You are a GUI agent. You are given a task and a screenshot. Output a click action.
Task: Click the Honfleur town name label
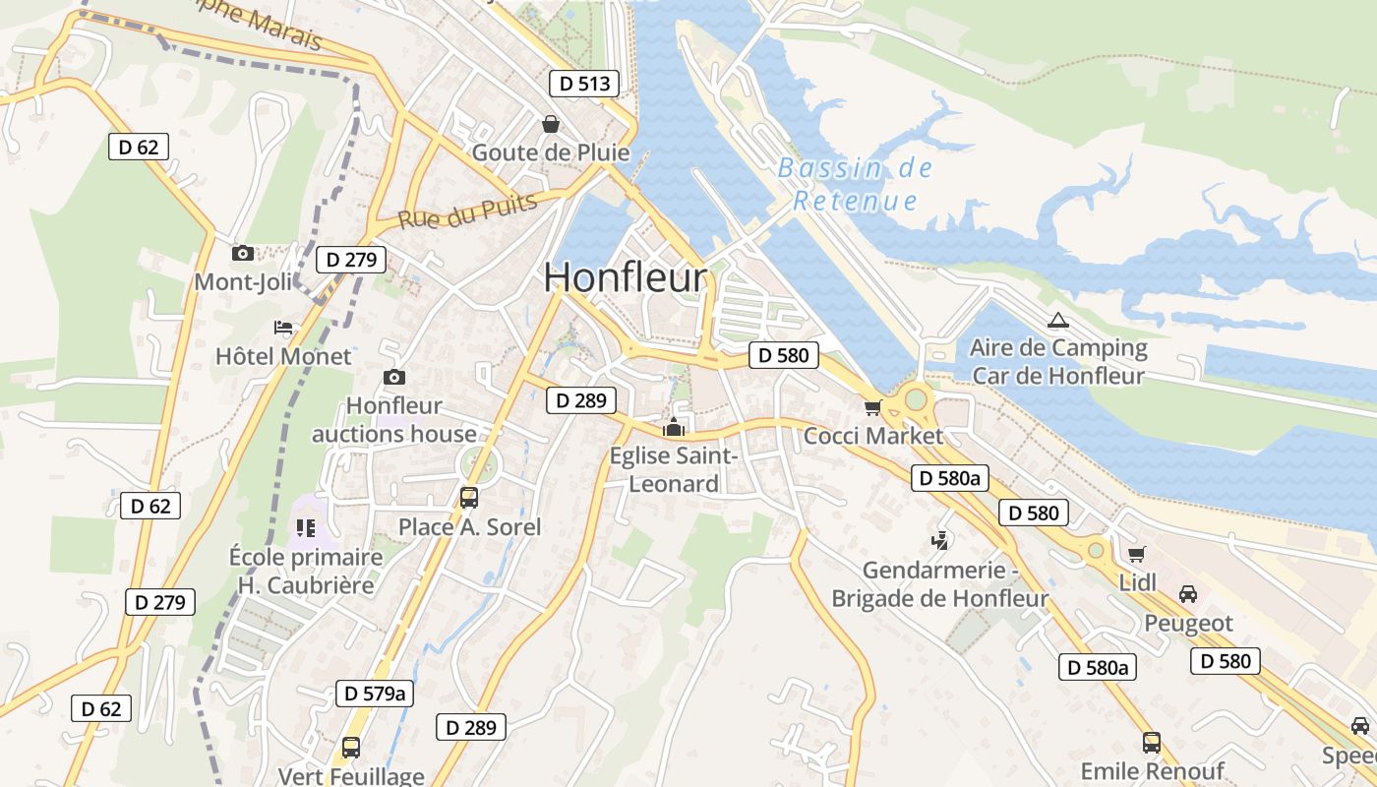pos(625,278)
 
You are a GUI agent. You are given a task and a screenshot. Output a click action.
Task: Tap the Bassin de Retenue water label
pos(855,184)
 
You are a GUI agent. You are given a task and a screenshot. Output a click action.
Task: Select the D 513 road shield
pos(584,84)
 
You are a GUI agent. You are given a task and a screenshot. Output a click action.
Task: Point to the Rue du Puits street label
pos(468,212)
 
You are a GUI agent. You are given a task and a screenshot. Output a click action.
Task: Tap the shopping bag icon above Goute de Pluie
pos(551,124)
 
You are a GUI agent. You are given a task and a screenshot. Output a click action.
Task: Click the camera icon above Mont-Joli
pos(243,253)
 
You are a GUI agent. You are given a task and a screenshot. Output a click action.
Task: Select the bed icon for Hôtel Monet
pos(283,328)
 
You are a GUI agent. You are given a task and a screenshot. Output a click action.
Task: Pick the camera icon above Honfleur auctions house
pos(393,377)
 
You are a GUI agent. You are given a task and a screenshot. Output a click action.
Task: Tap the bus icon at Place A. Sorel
pos(469,498)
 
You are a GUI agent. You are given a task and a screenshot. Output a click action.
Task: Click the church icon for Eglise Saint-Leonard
pos(674,427)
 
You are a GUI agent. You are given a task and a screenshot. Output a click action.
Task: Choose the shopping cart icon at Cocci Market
pos(872,407)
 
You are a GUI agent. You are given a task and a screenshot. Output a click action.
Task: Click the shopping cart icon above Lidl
pos(1137,554)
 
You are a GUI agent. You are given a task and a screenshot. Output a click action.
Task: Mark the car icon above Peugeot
pos(1188,594)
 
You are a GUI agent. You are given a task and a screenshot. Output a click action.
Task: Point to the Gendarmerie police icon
pos(940,539)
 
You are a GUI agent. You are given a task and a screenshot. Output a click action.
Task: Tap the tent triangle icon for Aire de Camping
pos(1057,320)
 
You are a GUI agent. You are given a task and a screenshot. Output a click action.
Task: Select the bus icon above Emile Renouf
pos(1151,742)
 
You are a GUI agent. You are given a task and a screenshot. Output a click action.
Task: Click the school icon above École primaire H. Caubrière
pos(306,528)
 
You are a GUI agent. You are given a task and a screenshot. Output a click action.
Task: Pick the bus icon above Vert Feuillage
pos(351,747)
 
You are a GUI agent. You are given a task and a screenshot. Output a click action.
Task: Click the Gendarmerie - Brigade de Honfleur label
pos(940,584)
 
